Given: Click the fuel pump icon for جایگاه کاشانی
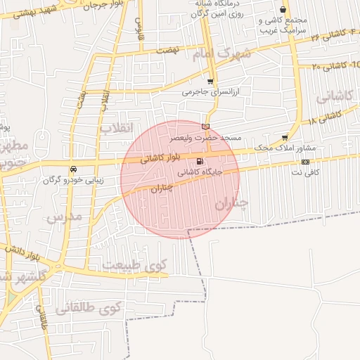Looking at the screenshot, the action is (x=201, y=162).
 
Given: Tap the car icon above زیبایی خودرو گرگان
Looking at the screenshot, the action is (x=73, y=169).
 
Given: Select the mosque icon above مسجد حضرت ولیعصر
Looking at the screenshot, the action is (x=205, y=127).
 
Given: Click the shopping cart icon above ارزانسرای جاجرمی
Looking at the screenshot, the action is (x=210, y=82).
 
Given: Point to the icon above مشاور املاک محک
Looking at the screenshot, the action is (x=285, y=138).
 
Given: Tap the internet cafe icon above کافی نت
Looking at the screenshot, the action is (x=304, y=162).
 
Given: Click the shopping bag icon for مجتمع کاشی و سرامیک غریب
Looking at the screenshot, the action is (x=283, y=10).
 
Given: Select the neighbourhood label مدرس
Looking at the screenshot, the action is (x=65, y=216).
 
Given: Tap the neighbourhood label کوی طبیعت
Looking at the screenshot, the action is (x=135, y=266).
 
